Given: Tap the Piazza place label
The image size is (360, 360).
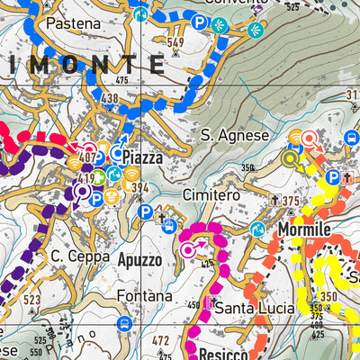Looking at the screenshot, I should click(x=142, y=157).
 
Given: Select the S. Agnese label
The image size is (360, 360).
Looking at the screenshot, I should click(x=235, y=135).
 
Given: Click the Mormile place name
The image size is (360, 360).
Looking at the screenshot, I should click(x=303, y=229).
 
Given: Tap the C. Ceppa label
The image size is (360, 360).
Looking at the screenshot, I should click(x=79, y=257).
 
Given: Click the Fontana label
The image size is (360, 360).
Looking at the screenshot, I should click(x=144, y=295).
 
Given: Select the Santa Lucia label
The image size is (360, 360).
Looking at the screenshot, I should click(x=255, y=308).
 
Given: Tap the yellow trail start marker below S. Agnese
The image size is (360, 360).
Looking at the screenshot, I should click(x=290, y=159).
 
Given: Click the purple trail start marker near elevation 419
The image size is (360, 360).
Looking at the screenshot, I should click(x=82, y=190).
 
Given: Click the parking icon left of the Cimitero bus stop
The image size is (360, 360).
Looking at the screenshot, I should click(x=145, y=212).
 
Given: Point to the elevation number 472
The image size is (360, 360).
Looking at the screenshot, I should click(x=160, y=339).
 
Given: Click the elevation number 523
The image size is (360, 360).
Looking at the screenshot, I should click(x=33, y=299).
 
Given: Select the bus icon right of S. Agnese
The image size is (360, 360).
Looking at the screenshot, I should click(x=351, y=139).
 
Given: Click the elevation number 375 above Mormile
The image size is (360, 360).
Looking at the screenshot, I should click(x=291, y=202).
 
